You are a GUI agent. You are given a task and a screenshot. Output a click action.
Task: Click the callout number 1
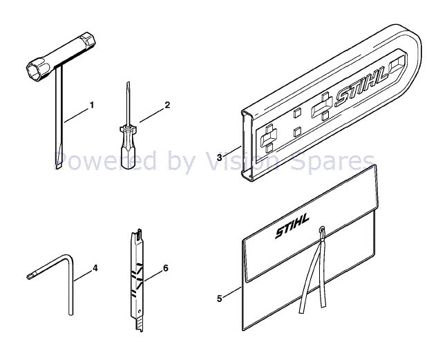[92, 106]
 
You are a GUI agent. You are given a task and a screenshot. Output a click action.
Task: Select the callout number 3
[219, 158]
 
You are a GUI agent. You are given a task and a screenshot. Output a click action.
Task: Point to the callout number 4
[95, 267]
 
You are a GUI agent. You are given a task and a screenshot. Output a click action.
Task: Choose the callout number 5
[219, 299]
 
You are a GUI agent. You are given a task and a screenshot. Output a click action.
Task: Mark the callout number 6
[165, 267]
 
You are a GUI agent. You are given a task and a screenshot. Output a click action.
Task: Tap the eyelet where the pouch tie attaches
[323, 228]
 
